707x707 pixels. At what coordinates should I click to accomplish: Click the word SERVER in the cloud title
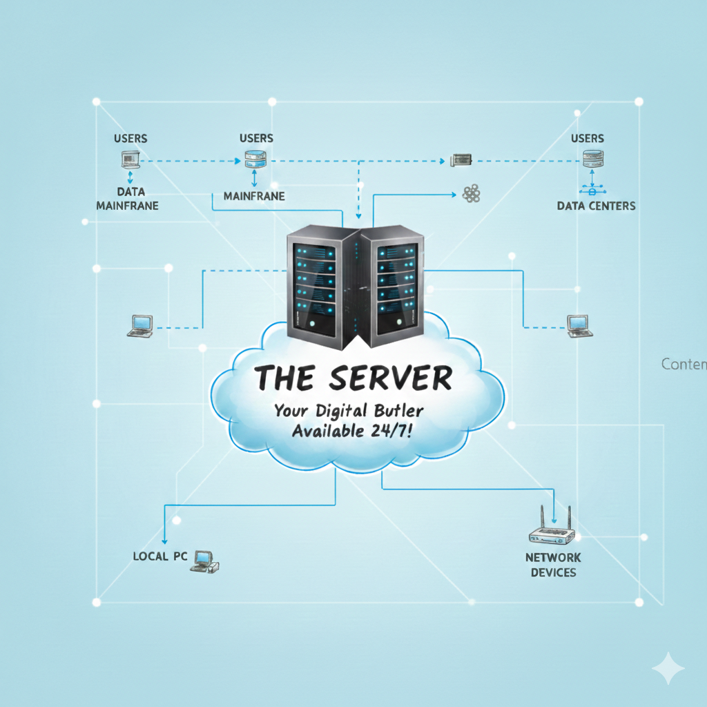point(390,378)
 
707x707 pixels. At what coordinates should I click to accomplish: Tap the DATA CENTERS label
point(596,206)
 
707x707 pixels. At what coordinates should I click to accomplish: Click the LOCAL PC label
point(160,556)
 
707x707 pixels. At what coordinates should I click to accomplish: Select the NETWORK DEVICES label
point(553,565)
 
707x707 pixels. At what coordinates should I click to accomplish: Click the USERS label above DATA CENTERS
point(587,139)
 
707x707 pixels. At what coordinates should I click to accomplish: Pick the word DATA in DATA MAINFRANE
point(130,191)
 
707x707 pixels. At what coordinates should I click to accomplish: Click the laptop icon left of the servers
point(141,325)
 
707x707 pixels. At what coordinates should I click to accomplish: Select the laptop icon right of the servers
point(579,325)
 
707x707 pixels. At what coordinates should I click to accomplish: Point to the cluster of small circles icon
point(472,194)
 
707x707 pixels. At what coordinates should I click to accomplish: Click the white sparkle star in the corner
point(668,668)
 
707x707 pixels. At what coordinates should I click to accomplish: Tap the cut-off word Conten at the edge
point(684,364)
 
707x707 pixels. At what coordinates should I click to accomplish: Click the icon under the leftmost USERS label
point(130,161)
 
